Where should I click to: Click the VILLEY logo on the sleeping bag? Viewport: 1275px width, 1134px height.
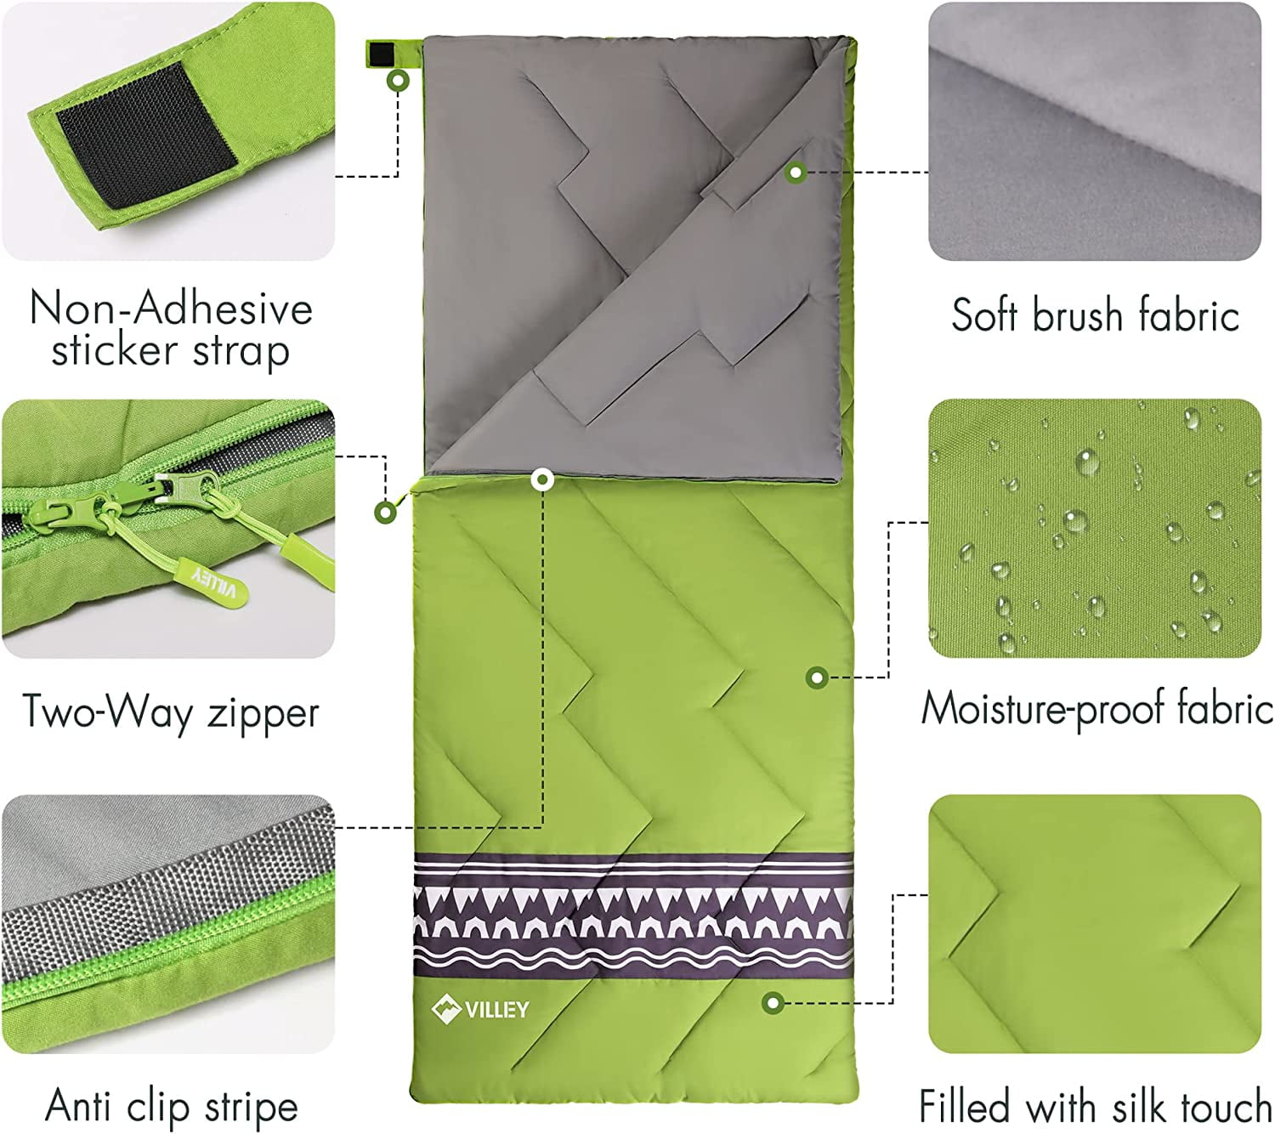point(480,1009)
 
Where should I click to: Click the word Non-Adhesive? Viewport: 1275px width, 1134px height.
point(171,309)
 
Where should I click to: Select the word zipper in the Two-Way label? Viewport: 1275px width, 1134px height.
point(263,713)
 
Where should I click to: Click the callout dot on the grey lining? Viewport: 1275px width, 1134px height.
point(796,172)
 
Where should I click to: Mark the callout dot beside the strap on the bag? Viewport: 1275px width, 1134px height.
point(399,81)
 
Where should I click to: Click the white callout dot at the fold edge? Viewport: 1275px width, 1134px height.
point(542,481)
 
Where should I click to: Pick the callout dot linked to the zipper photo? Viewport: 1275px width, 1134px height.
point(386,513)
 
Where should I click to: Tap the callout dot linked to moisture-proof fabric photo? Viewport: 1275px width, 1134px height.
point(817,678)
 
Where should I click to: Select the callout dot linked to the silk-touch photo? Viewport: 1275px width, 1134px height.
point(773,1002)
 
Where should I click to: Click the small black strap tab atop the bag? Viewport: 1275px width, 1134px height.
point(382,54)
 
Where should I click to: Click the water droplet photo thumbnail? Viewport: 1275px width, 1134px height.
point(1095,529)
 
